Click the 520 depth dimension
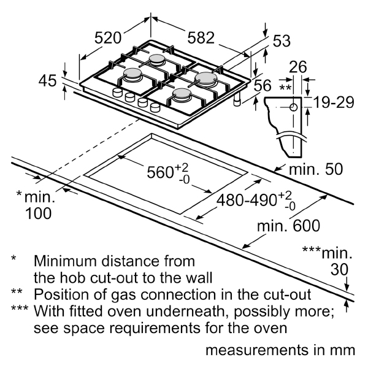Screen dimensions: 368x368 [107, 38]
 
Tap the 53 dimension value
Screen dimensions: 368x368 [281, 41]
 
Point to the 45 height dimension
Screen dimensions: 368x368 [47, 80]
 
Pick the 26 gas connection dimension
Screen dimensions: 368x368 [297, 68]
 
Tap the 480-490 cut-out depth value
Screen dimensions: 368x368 [255, 201]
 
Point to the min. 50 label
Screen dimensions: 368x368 [316, 169]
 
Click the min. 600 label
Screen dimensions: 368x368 [288, 226]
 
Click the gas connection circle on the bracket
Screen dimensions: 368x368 [293, 107]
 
